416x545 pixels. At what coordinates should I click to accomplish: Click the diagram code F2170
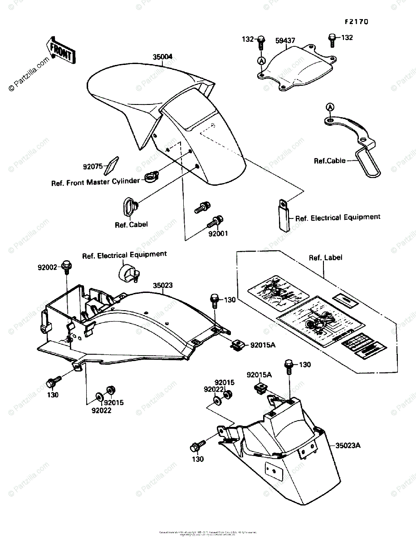357,21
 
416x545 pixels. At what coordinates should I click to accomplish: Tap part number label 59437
285,41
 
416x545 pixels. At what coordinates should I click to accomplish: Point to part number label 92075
93,167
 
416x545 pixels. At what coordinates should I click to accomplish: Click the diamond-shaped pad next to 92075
111,166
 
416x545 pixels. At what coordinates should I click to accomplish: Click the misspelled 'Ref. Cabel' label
131,224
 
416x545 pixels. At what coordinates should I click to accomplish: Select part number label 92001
218,234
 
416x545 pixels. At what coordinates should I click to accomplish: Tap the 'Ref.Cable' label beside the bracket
329,160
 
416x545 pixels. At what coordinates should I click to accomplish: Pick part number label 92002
47,268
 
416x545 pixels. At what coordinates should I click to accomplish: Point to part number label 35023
162,285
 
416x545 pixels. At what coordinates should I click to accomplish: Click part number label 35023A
348,446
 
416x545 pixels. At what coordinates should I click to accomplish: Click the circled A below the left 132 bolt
261,60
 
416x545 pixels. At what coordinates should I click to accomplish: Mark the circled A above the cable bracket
330,107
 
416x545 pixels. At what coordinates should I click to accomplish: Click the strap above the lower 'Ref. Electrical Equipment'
282,213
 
